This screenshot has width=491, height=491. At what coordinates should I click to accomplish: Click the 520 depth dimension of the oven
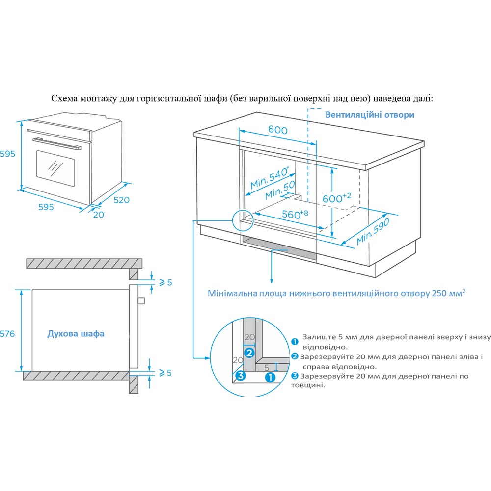pos(121,200)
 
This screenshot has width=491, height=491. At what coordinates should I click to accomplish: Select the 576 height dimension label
pos(7,334)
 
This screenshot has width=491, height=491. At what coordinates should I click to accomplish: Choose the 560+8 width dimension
pos(295,214)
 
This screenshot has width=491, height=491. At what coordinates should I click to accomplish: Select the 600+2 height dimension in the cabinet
pos(336,198)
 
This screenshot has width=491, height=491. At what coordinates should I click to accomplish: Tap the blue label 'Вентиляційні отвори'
pos(370,114)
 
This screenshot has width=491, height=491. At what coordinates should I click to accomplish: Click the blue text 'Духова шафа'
pos(76,334)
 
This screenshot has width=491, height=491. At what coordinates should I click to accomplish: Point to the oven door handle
pos(57,143)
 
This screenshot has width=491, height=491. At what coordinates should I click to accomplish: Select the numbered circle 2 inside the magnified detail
pos(249,353)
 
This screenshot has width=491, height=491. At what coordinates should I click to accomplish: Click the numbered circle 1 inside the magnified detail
pos(270,377)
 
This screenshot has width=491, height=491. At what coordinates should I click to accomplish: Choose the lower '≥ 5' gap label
pos(165,373)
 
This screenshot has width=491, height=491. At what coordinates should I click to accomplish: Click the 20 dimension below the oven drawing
pos(99,214)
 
